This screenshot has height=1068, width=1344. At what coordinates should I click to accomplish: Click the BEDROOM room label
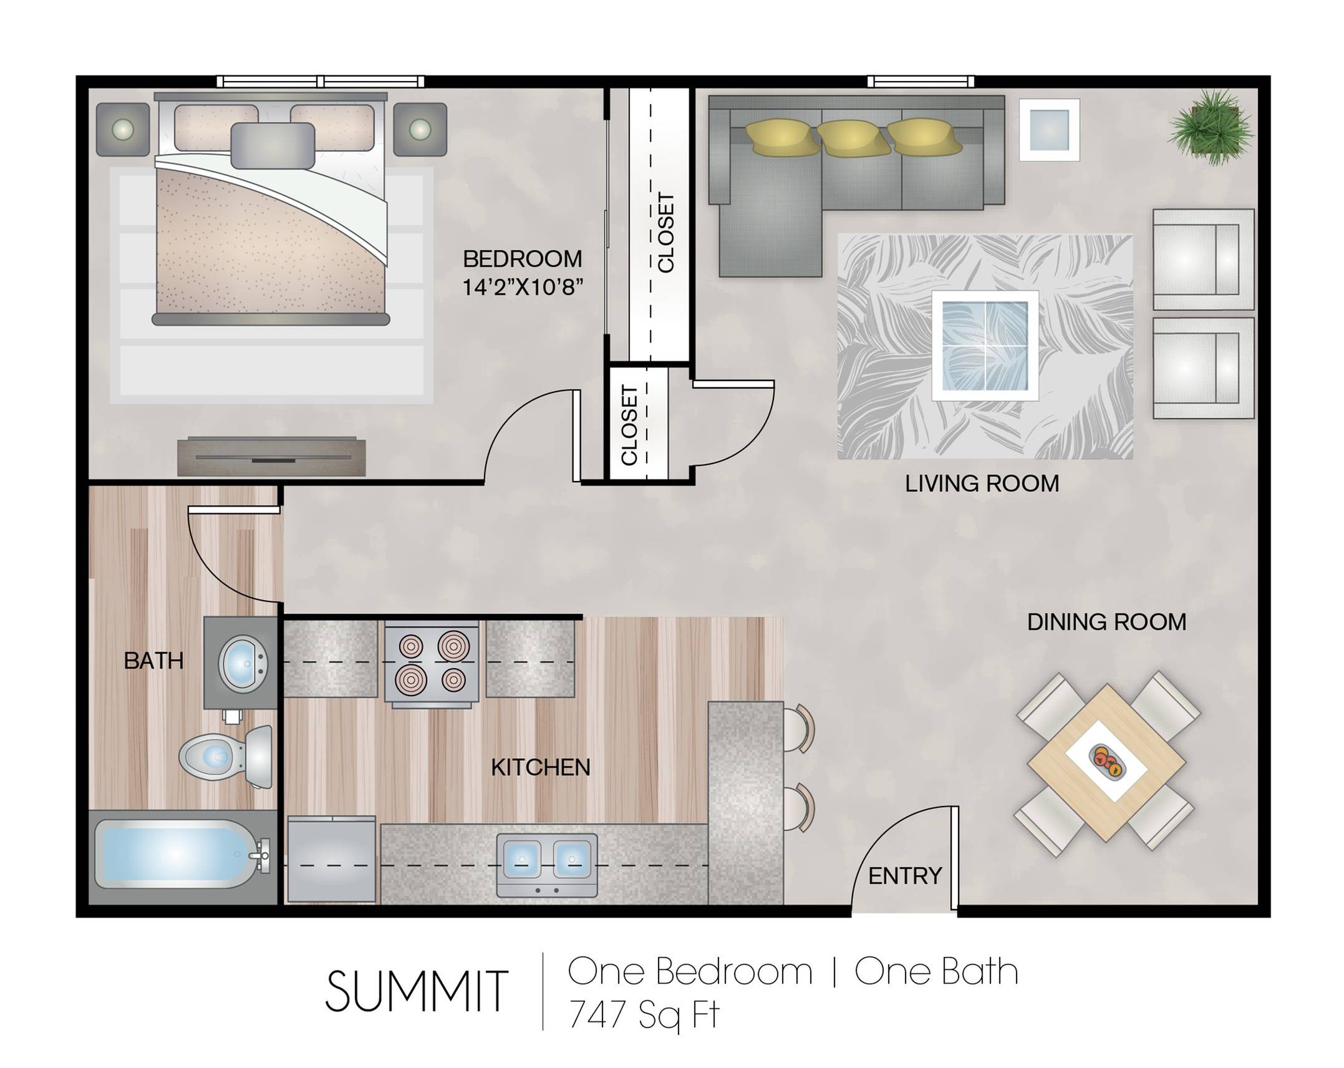pos(522,259)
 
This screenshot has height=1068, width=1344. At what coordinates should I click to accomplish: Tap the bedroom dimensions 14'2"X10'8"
pos(522,288)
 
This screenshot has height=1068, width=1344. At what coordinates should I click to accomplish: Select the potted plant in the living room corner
pos(1211,127)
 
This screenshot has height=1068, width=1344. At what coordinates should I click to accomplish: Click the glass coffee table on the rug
pos(985,345)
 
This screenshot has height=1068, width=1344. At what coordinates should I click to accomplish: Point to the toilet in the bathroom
pos(226,757)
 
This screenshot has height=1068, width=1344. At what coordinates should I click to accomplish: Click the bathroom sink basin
pos(242,663)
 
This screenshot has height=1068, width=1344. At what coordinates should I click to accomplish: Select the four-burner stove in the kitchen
pos(432,663)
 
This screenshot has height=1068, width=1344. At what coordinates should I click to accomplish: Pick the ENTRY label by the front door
pos(905,876)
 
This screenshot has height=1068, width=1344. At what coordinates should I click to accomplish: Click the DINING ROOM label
pos(1106,622)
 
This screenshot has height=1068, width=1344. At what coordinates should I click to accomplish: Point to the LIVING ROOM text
pos(982,483)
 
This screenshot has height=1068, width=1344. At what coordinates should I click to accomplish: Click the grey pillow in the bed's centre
pos(273,145)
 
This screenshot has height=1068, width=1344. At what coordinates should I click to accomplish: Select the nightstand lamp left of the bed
pos(123,129)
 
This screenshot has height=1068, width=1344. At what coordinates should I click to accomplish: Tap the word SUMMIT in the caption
pos(416,991)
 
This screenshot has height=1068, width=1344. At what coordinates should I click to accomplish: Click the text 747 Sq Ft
pos(644,1015)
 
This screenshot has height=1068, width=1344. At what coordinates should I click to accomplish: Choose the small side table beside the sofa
pos(1049,130)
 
